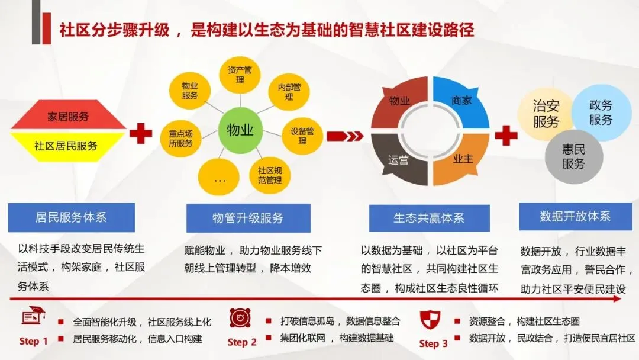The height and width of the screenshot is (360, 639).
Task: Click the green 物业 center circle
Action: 240,130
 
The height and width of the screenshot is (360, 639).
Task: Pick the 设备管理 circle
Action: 302,136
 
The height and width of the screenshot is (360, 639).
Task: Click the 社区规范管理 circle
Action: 270,175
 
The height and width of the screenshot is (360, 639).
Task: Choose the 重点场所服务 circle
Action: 180,138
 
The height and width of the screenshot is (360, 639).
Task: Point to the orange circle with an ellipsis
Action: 219,178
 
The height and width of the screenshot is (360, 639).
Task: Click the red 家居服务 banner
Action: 68,117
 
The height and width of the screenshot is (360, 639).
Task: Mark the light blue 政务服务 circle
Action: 601,112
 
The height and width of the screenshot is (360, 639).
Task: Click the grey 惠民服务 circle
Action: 573,156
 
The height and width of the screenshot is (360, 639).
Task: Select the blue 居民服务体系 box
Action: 71,217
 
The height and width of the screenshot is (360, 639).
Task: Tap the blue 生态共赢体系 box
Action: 429,218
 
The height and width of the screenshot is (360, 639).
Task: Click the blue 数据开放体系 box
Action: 575,216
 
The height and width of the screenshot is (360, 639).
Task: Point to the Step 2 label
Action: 242,342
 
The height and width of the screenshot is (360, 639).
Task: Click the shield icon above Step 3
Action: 430,320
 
